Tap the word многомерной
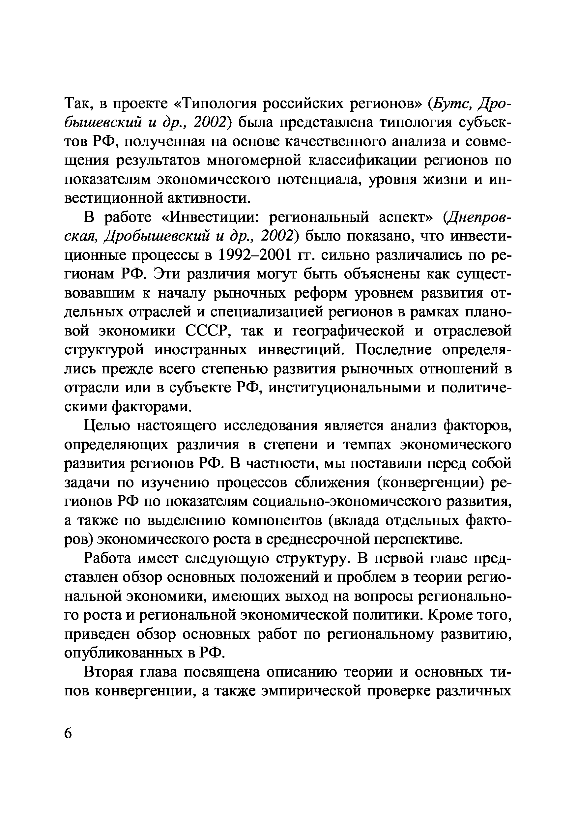[254, 160]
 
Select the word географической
[348, 331]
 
